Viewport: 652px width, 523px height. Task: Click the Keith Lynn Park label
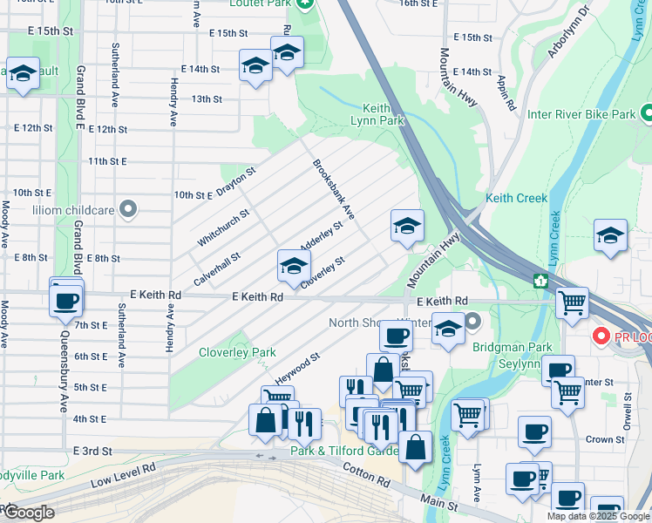(377, 113)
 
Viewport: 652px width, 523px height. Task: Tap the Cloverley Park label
(237, 352)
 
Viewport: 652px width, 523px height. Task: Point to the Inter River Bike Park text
(581, 114)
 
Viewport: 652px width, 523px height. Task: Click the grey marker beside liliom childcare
(128, 208)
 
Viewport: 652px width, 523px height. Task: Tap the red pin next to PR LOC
(600, 336)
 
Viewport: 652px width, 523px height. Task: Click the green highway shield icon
(540, 281)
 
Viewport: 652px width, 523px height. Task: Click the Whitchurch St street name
(223, 227)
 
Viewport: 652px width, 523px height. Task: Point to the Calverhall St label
(217, 268)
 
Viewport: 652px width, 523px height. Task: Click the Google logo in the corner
(29, 513)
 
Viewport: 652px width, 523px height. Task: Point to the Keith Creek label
(517, 198)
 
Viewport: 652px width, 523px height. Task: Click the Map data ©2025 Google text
(596, 516)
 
